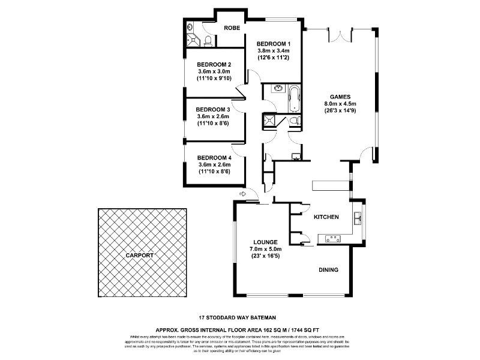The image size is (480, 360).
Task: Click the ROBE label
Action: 232,28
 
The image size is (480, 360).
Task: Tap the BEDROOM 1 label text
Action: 274,44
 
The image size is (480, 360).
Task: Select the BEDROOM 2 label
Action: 214,64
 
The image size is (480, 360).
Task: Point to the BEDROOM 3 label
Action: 214,109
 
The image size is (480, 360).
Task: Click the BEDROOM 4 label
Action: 214,158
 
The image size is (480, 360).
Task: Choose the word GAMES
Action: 340,97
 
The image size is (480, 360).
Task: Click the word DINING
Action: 328,270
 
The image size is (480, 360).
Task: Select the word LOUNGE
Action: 265,241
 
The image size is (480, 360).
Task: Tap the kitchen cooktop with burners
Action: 333,239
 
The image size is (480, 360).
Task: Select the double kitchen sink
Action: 358,217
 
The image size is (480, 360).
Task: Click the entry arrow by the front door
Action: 242,194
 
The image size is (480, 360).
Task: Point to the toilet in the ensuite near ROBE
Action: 207,40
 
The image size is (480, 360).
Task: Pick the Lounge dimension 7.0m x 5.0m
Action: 265,249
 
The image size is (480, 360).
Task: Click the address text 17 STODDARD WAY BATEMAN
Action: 238,317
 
